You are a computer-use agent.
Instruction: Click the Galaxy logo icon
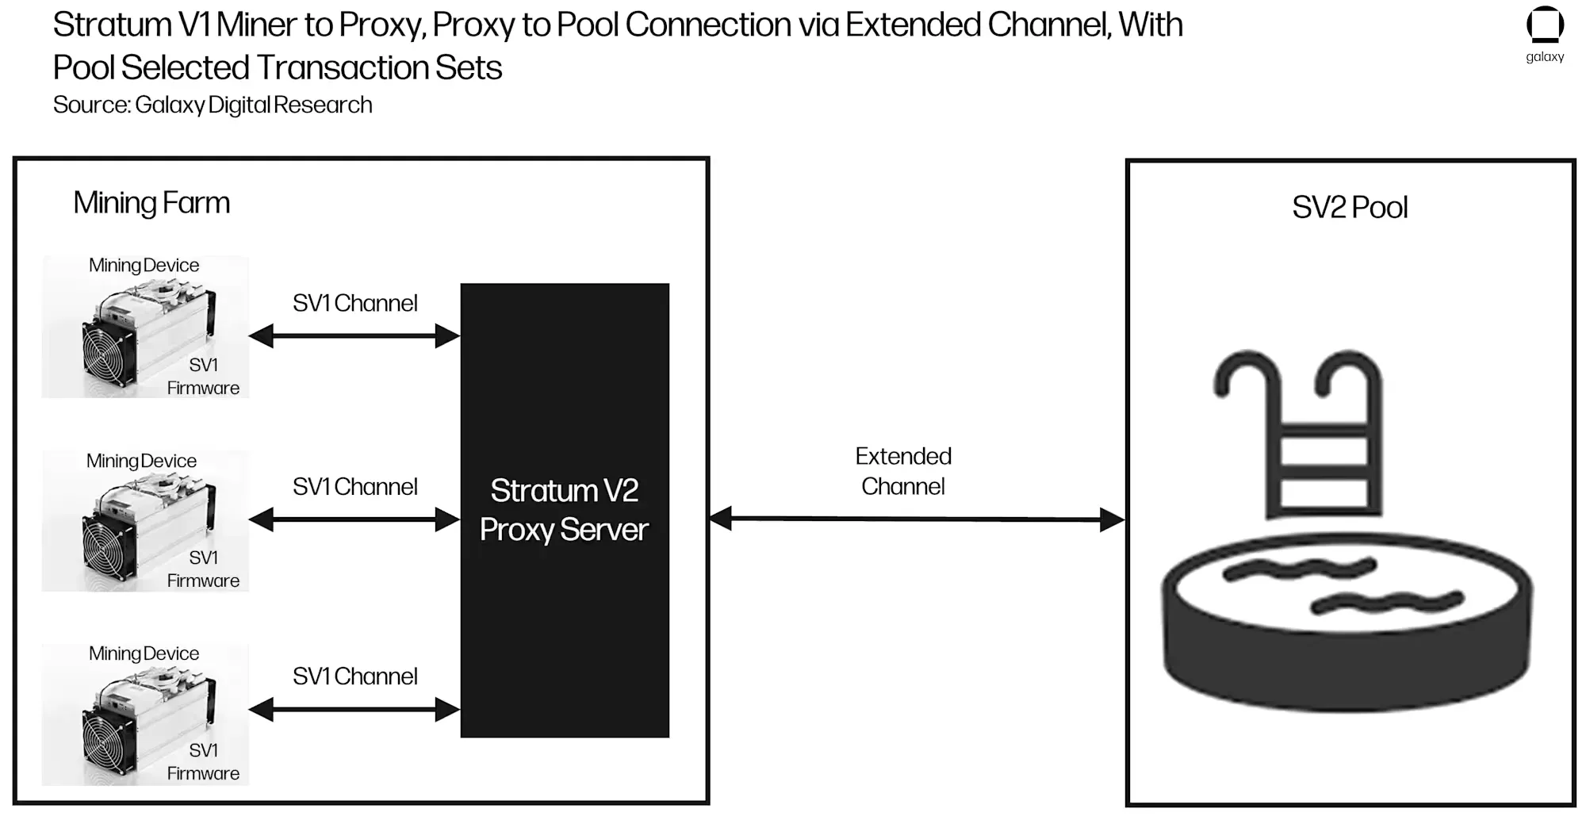click(x=1545, y=25)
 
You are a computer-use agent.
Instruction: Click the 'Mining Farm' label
click(x=151, y=203)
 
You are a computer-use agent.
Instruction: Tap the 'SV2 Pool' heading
click(x=1350, y=208)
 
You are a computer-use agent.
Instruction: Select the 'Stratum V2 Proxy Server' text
click(x=564, y=510)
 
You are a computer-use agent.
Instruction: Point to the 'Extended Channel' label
click(x=903, y=471)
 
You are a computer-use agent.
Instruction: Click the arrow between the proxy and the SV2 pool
click(x=917, y=519)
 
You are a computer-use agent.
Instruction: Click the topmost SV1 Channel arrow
click(x=354, y=336)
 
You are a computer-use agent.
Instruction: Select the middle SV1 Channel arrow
click(x=354, y=520)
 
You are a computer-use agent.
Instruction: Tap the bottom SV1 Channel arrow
click(x=354, y=710)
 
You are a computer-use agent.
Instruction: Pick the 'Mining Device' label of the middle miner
click(x=141, y=461)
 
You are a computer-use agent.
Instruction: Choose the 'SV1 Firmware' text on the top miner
click(x=203, y=377)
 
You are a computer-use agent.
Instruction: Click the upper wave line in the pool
click(x=1299, y=568)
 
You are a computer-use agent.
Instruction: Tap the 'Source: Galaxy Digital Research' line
click(x=213, y=105)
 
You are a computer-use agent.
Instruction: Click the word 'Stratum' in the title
click(x=112, y=25)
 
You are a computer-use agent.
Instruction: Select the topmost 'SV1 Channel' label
click(x=354, y=303)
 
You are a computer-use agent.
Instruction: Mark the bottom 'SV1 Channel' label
click(x=354, y=676)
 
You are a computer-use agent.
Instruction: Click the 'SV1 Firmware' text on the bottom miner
click(x=203, y=762)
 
